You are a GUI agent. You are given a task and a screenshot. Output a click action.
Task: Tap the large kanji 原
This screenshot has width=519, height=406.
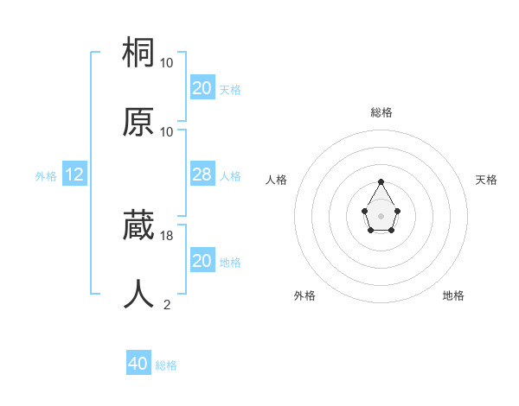click(138, 122)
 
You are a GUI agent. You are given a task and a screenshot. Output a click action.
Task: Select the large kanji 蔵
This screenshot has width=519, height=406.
click(138, 226)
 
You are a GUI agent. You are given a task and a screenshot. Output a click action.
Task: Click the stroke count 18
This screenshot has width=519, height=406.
click(167, 235)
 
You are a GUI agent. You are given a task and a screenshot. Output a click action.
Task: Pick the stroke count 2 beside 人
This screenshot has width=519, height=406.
click(167, 304)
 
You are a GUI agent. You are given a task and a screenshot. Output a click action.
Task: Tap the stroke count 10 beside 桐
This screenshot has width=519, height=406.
click(167, 62)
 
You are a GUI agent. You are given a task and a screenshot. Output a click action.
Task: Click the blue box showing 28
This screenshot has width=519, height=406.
click(202, 174)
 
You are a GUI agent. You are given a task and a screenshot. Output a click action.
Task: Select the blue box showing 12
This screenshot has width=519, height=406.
click(74, 174)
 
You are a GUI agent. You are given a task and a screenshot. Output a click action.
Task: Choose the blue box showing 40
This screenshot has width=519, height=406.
click(138, 364)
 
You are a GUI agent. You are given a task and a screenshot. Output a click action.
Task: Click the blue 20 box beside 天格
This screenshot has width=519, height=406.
click(202, 87)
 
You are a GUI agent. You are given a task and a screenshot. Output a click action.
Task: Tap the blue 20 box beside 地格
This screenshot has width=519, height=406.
click(202, 260)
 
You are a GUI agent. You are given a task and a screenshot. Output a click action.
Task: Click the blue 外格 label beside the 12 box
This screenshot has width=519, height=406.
click(46, 175)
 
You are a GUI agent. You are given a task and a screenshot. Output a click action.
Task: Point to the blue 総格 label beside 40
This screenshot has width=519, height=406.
click(166, 365)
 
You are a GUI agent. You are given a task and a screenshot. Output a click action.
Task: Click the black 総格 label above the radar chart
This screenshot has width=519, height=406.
click(381, 112)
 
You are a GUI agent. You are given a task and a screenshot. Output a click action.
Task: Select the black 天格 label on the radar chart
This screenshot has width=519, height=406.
click(486, 180)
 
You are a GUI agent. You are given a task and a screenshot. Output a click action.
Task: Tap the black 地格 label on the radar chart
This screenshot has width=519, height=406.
click(453, 295)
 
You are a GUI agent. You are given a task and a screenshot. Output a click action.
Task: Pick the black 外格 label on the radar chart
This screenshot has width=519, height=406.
click(304, 295)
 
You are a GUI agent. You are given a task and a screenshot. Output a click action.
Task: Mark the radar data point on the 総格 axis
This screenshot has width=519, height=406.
click(381, 182)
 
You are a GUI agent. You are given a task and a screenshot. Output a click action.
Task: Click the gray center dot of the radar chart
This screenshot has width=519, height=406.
click(381, 214)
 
